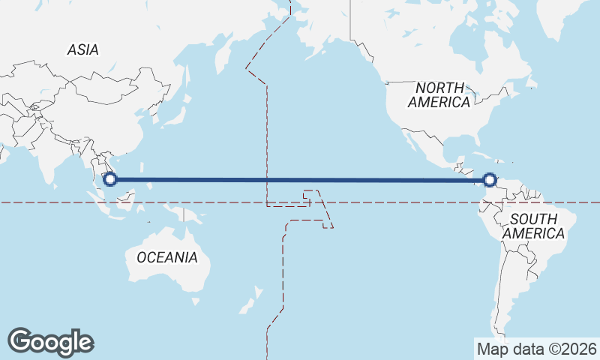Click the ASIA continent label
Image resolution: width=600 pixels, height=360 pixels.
82,49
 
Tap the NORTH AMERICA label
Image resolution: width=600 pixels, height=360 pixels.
439,94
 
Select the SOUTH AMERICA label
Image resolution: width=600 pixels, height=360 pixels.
533,226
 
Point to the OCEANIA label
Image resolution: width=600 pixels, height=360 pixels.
166,257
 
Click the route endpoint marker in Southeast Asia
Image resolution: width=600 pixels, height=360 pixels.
110,179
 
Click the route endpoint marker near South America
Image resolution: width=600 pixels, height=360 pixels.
490,180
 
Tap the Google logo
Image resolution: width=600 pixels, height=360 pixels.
50,342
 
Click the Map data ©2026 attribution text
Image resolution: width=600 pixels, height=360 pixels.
536,349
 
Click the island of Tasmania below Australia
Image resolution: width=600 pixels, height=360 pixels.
196,301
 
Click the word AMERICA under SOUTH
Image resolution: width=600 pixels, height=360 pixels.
533,234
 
